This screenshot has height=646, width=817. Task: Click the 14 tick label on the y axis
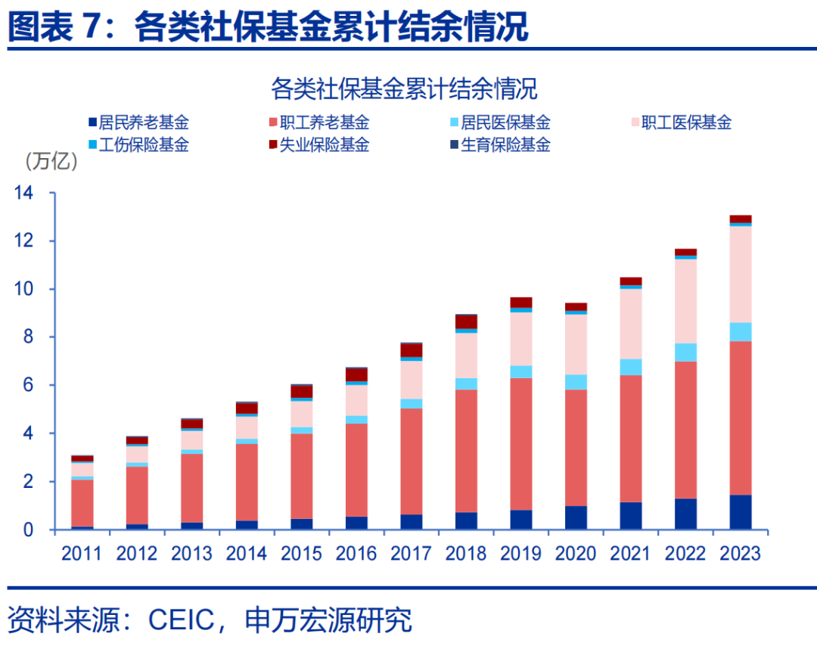24,194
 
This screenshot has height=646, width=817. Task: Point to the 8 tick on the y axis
29,337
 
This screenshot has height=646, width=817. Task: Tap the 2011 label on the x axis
82,554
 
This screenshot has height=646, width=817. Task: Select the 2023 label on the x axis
740,554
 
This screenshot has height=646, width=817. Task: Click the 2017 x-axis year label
411,554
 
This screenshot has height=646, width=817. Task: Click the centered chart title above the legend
404,89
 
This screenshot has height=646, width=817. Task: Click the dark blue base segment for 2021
630,515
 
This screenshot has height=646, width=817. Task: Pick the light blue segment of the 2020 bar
576,382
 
